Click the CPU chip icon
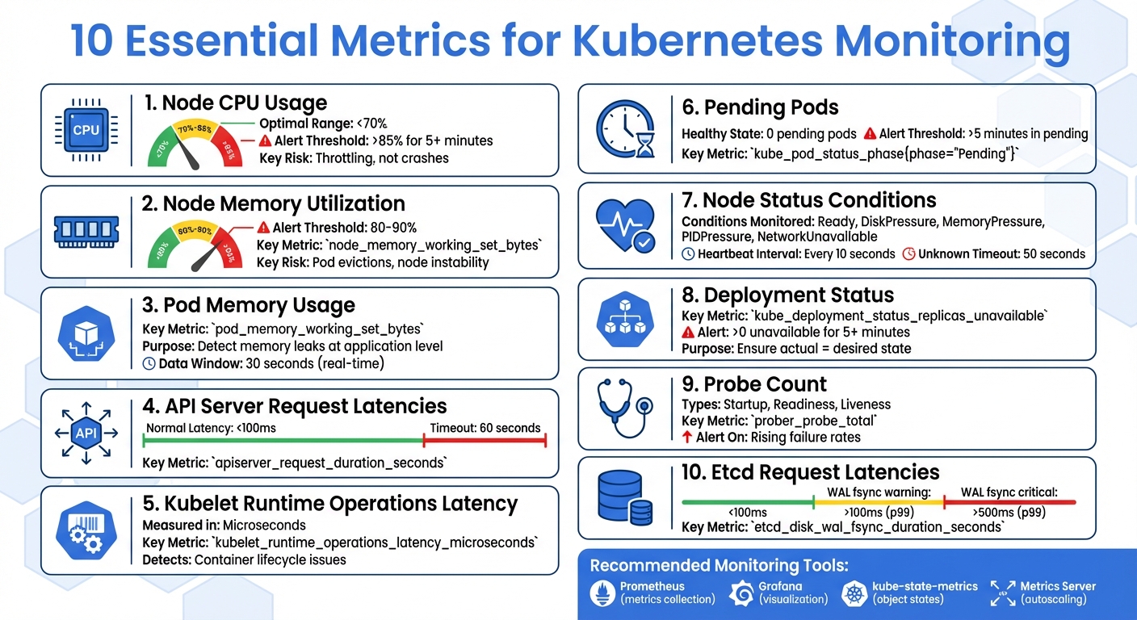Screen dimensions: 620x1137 pos(86,130)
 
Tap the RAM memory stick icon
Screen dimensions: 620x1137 pos(86,230)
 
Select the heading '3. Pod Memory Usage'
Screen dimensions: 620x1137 pos(248,305)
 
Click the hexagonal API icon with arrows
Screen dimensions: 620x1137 pos(86,434)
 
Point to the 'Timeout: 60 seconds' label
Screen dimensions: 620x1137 pos(485,428)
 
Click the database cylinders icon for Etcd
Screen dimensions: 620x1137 pos(624,496)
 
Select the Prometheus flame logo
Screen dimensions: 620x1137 pos(602,593)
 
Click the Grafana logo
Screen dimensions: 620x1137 pos(741,593)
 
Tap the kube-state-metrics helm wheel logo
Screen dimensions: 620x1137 pos(854,593)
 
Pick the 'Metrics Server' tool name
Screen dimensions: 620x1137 pos(1058,586)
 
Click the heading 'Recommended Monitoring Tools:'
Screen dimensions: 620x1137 pos(720,565)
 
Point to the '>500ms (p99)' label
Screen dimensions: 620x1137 pos(1009,513)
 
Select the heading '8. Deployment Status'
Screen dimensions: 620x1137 pos(787,295)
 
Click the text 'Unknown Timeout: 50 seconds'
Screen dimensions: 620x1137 pos(1001,253)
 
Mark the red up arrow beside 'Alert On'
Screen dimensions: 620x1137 pos(687,438)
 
